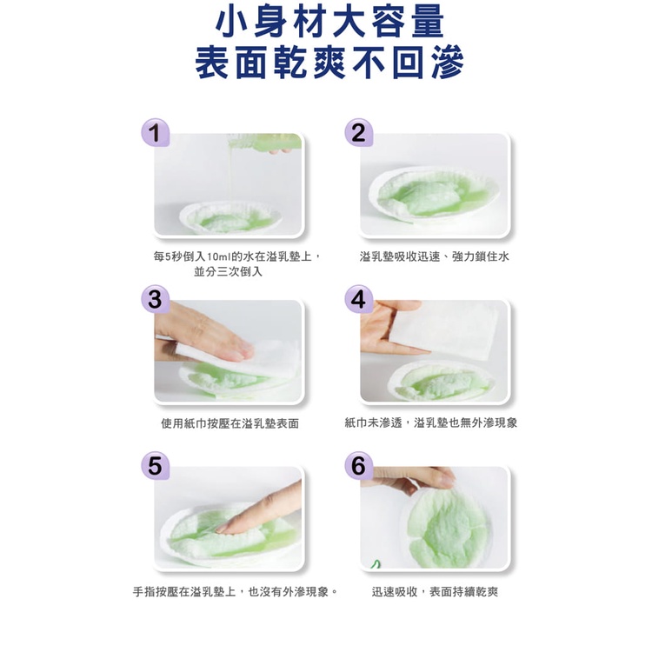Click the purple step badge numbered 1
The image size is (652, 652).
(155, 133)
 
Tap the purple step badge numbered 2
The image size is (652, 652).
(358, 133)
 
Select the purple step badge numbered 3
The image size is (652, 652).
(155, 299)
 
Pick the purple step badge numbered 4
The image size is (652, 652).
(358, 299)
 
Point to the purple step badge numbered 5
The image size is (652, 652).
(155, 465)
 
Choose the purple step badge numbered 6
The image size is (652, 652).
(358, 465)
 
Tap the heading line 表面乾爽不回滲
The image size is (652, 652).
(329, 63)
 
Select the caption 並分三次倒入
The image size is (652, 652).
(229, 271)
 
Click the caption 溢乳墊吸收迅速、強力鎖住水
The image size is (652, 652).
(434, 256)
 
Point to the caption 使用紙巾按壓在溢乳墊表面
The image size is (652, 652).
(230, 423)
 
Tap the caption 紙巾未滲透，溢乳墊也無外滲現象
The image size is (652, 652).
(431, 422)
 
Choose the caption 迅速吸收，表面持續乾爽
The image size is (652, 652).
(435, 592)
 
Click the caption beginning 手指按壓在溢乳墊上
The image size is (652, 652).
(236, 592)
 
